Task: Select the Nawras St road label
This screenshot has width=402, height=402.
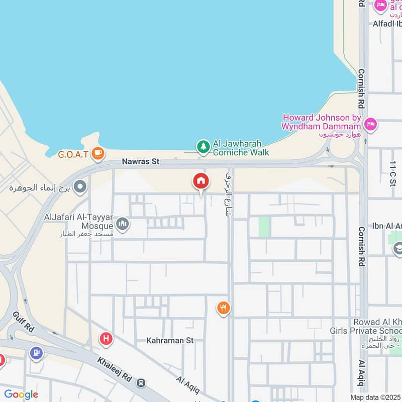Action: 140,162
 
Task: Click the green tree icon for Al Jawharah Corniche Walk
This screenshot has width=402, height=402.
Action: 203,146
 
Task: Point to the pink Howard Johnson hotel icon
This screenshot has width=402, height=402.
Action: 370,124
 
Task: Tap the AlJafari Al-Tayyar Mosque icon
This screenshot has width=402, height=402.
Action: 123,224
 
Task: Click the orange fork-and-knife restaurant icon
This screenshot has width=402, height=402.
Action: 223,308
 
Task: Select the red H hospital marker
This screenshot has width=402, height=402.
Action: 106,338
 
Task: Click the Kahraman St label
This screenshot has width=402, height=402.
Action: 170,340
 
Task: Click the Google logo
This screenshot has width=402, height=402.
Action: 21,394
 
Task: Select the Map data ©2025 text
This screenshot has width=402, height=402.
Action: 375,397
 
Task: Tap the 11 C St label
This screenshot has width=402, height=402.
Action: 392,174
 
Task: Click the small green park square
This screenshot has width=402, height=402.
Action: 263,227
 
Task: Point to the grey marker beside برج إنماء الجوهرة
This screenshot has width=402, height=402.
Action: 80,188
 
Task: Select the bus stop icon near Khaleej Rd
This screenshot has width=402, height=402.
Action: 142,383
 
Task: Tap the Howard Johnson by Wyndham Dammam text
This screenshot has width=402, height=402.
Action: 322,121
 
